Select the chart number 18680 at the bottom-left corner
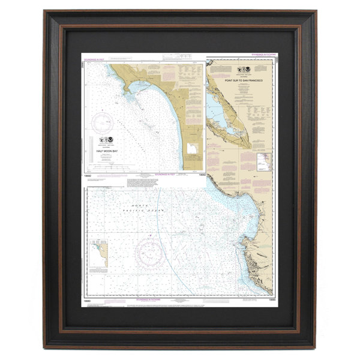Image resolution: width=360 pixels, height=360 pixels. click(88, 304)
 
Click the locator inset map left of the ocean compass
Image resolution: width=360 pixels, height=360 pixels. click(101, 253)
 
